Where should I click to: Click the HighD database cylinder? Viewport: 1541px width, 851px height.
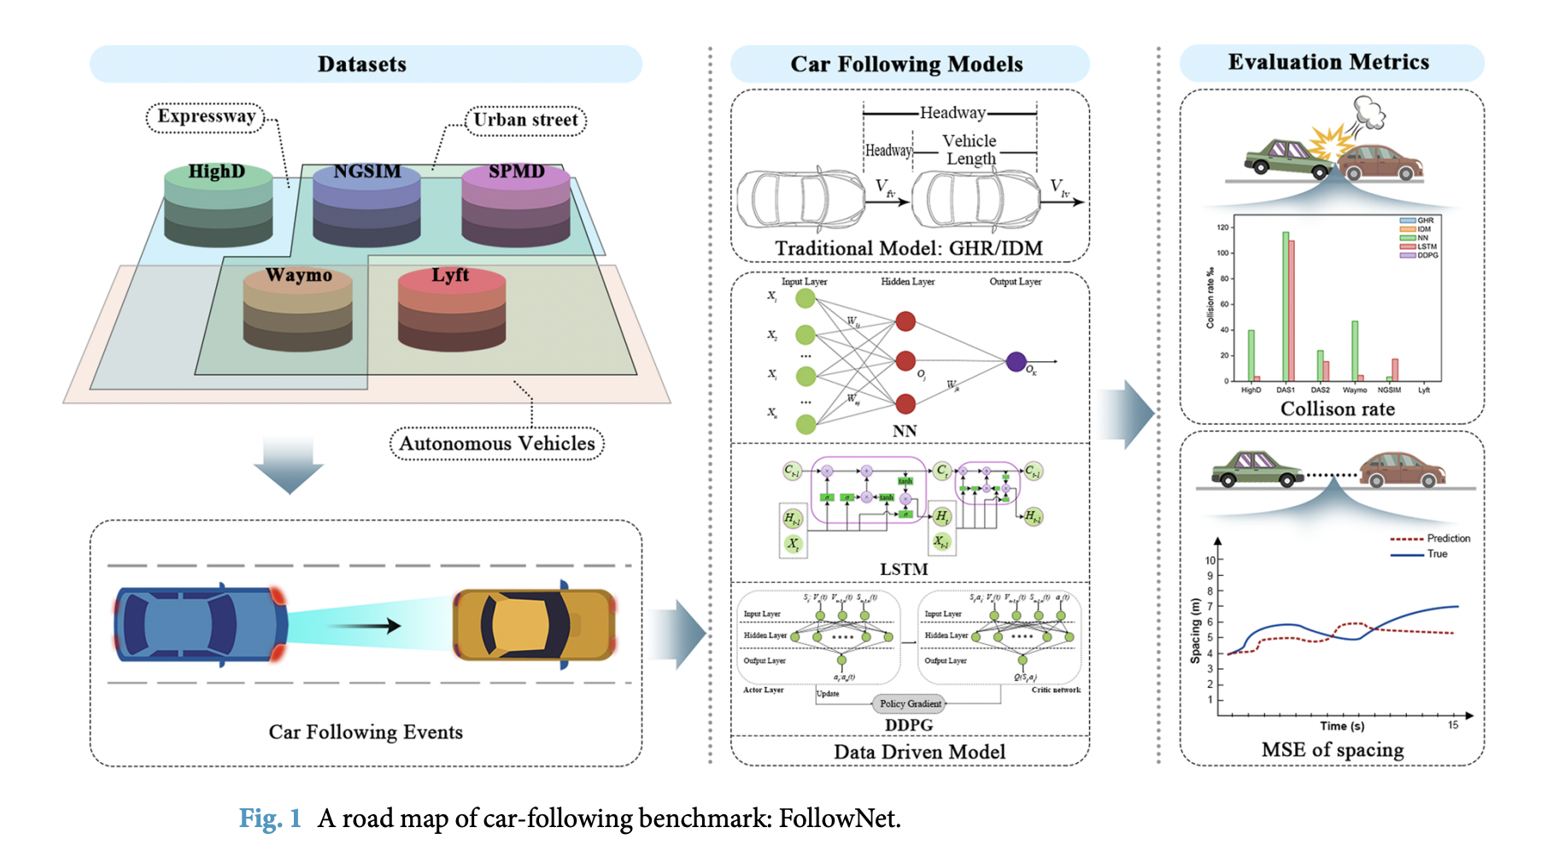tap(218, 205)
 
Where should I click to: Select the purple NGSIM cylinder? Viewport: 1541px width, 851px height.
tap(366, 205)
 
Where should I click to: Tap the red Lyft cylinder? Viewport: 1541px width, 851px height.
tap(451, 309)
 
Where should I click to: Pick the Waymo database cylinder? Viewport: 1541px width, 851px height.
tap(297, 309)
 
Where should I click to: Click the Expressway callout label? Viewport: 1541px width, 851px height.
tap(206, 117)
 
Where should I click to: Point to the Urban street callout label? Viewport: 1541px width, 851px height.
tap(525, 120)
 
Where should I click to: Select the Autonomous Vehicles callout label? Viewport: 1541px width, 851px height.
tap(497, 443)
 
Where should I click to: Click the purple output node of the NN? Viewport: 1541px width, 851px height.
tap(1016, 361)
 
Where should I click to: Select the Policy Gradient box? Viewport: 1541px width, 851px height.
tap(911, 704)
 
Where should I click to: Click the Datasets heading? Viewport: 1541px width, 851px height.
tap(362, 64)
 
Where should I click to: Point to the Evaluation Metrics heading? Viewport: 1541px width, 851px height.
tap(1328, 62)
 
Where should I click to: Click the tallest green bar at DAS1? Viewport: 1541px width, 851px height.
tap(1285, 306)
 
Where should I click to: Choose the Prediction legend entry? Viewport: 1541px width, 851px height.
tap(1448, 538)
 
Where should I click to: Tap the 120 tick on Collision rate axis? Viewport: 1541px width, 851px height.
tap(1223, 227)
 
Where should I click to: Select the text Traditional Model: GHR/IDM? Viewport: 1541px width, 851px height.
tap(908, 248)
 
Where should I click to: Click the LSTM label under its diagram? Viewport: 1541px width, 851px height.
tap(904, 569)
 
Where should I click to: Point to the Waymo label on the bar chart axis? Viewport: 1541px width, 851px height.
tap(1355, 390)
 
